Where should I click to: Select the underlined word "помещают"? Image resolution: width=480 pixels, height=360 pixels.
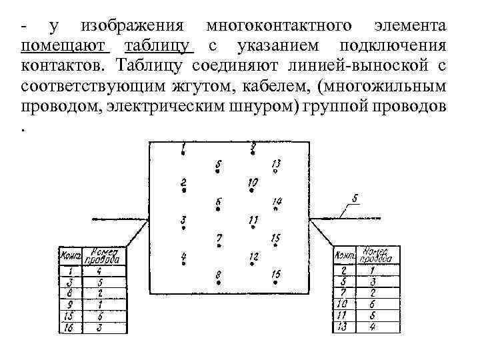tap(63, 46)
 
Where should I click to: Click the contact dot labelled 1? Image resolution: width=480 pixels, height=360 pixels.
tap(183, 153)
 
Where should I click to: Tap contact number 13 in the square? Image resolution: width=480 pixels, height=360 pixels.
tap(275, 171)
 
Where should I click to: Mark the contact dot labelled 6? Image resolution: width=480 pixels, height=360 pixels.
tap(218, 209)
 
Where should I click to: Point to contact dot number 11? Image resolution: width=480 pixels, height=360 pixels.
tap(253, 227)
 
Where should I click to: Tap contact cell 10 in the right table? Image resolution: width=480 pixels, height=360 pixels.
tap(342, 303)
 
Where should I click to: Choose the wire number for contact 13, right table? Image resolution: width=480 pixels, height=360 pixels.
tap(373, 326)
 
